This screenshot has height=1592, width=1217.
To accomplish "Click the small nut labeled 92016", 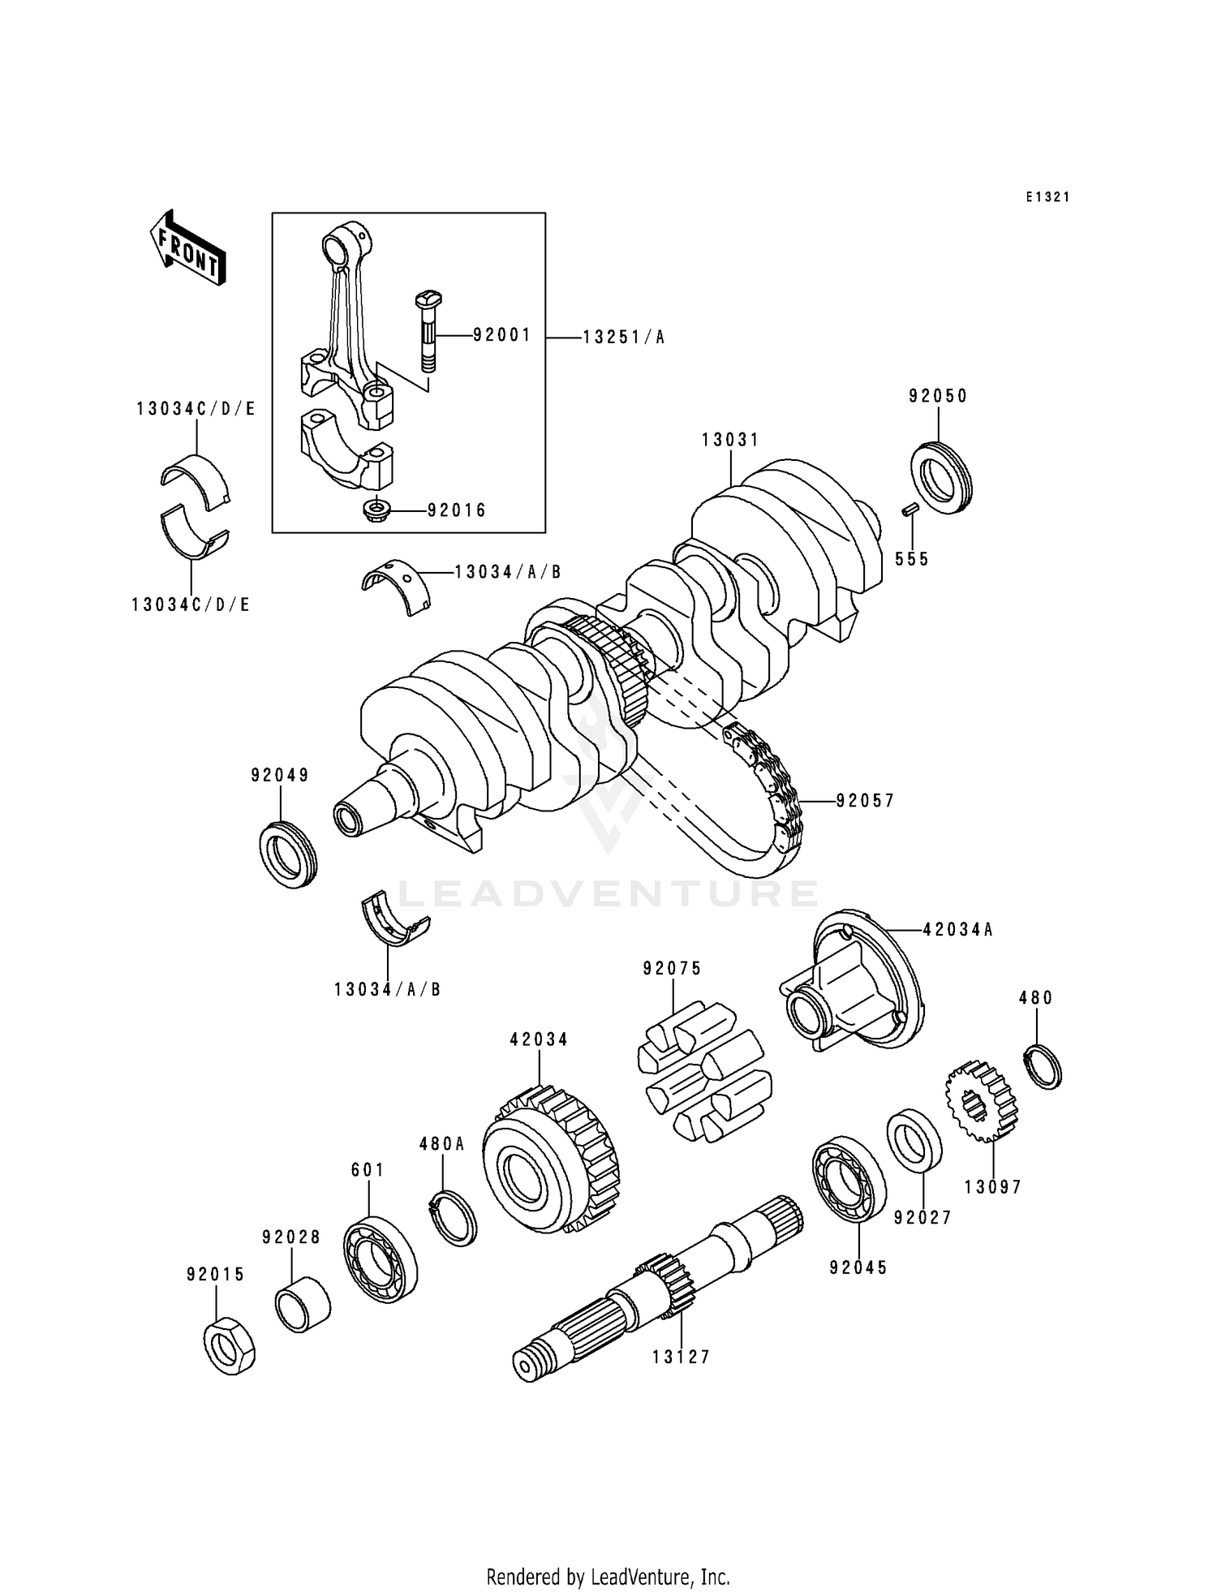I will pos(377,511).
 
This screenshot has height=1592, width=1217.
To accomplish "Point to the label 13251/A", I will pos(623,338).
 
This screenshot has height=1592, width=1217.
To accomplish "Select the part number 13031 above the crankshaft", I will pos(730,440).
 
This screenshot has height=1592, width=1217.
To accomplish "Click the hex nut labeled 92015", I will pos(230,1345).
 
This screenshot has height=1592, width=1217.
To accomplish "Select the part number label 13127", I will pos(682,1357).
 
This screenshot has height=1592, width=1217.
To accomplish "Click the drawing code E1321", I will pos(1047,197).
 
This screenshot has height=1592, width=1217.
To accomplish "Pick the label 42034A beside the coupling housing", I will pos(957,931).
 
